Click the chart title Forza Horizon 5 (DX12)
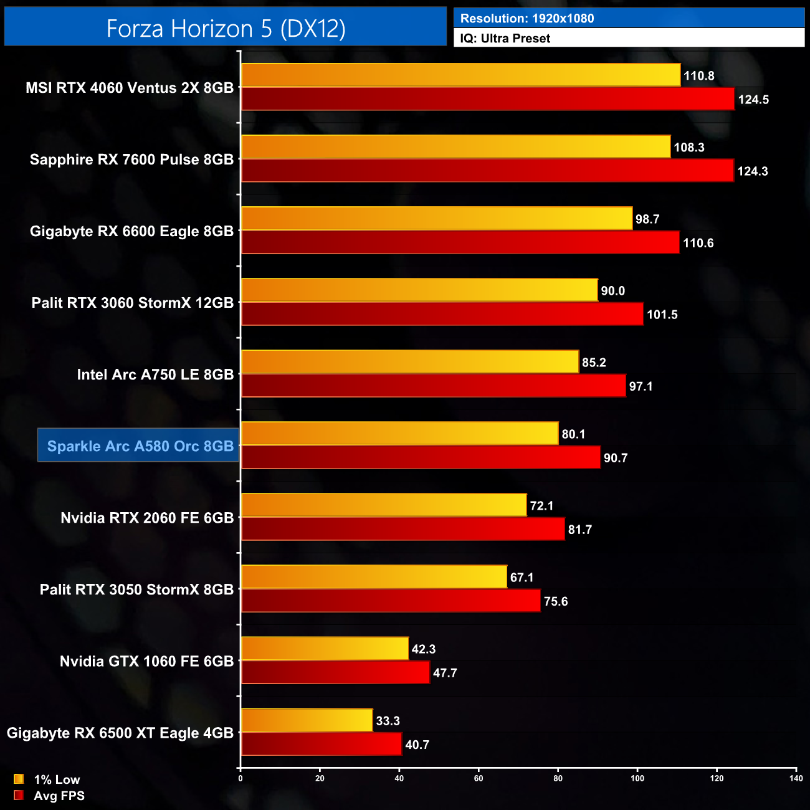point(226,29)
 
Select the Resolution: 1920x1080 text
point(526,19)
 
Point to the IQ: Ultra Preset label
point(505,39)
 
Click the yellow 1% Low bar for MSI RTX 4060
point(460,75)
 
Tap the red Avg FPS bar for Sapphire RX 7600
point(487,171)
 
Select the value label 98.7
point(647,219)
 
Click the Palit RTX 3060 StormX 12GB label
point(133,303)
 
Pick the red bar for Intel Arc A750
point(433,386)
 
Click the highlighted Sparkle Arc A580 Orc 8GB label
point(140,446)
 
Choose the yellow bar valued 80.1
point(399,434)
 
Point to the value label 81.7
point(579,530)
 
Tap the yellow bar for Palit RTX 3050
point(374,577)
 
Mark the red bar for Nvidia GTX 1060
point(335,672)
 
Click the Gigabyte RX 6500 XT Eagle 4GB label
point(120,733)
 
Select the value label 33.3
point(388,721)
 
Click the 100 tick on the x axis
point(637,778)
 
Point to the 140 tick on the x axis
point(796,778)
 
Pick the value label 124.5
point(753,100)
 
